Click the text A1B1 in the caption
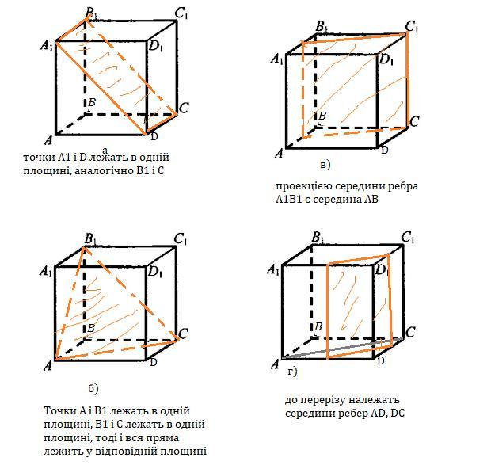[x=288, y=200]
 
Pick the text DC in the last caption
[x=398, y=414]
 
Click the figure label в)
[x=325, y=165]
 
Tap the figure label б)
[x=93, y=388]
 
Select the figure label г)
[x=292, y=372]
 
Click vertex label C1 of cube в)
[x=412, y=27]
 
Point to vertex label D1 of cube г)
[x=382, y=270]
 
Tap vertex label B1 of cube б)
[x=90, y=239]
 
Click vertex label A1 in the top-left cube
[x=48, y=46]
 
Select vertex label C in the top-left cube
[x=184, y=108]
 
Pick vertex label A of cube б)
[x=48, y=365]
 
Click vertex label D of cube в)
[x=385, y=150]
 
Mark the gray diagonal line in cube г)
[x=342, y=348]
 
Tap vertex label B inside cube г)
[x=318, y=326]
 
